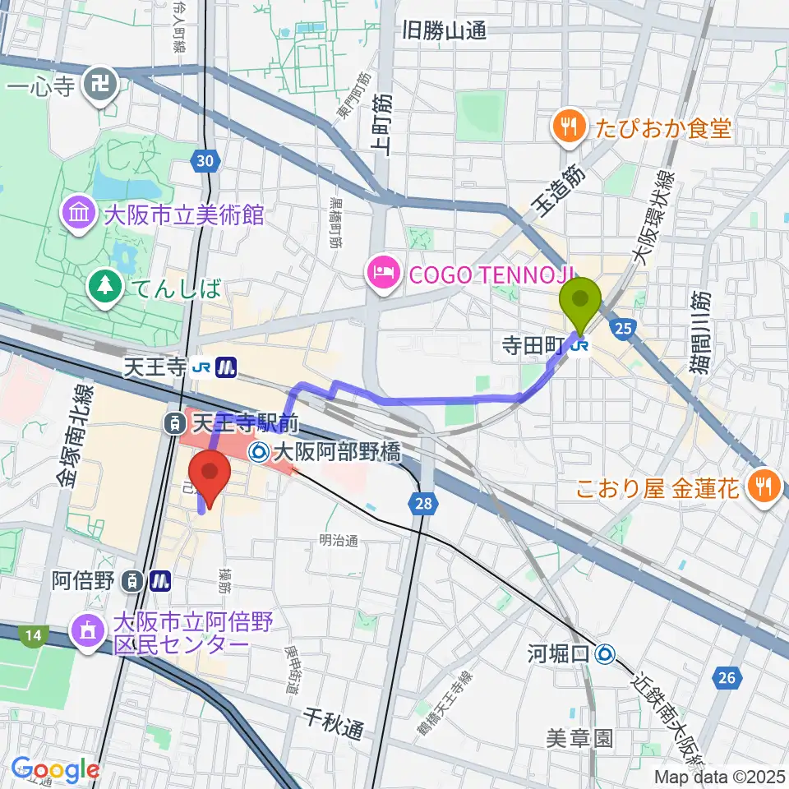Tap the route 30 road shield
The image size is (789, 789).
point(208,162)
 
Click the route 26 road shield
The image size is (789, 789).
point(727,677)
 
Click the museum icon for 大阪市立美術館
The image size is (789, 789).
point(80,216)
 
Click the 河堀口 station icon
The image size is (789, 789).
point(606,653)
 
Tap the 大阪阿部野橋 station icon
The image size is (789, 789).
point(259,450)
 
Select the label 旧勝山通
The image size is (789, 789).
point(445,32)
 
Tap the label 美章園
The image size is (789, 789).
point(580,737)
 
